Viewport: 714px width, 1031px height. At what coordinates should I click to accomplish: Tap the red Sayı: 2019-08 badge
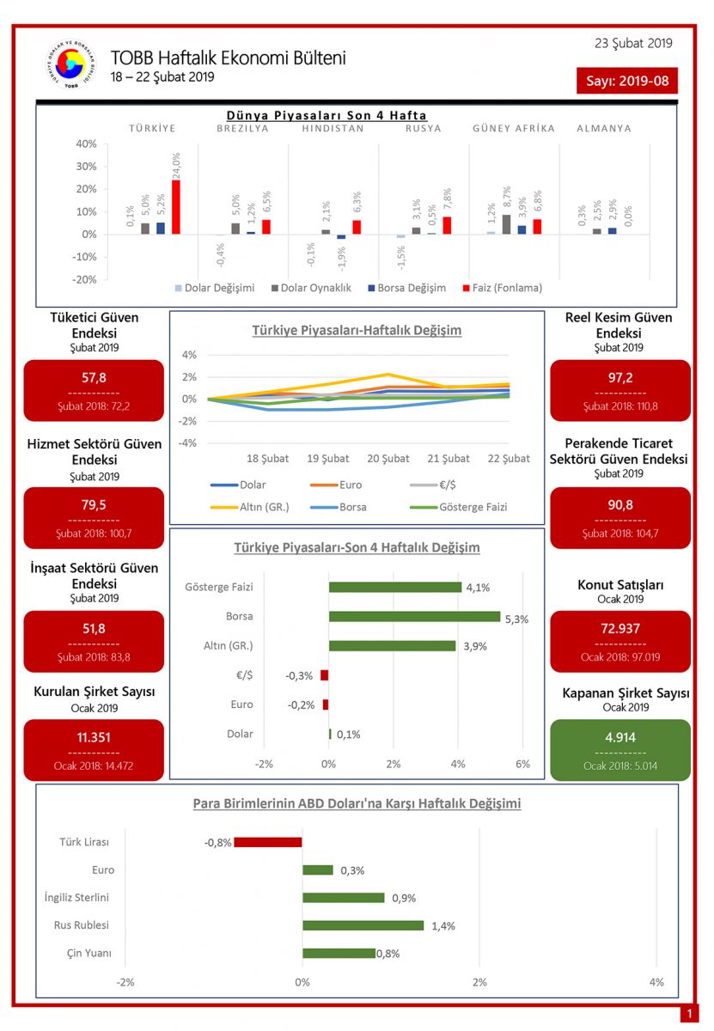coord(626,81)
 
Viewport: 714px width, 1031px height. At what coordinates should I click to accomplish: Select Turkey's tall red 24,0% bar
coord(176,207)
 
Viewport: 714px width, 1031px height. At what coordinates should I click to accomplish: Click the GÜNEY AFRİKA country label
coord(514,129)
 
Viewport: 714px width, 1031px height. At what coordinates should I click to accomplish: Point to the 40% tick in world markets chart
coord(85,143)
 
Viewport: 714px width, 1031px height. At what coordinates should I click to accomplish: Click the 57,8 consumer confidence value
coord(94,377)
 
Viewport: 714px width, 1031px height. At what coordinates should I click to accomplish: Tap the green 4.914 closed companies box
coord(619,737)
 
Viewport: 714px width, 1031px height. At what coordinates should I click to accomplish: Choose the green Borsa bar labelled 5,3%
coord(414,617)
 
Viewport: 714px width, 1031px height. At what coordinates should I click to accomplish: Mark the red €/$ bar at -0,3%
coord(324,675)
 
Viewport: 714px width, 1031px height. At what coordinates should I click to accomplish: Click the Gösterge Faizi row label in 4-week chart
coord(219,588)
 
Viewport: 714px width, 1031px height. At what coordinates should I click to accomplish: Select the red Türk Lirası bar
coord(267,842)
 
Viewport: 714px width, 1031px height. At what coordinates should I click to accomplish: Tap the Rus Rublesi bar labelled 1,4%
coord(363,925)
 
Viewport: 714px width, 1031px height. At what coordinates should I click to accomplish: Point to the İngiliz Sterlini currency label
coord(76,898)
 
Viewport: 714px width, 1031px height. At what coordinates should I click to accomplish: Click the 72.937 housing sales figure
coord(619,628)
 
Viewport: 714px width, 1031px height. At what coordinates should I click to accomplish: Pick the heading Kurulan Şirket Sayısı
coord(95,692)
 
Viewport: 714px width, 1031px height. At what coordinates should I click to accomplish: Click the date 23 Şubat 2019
coord(633,44)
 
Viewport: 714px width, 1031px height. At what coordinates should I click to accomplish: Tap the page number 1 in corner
coord(689,1015)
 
